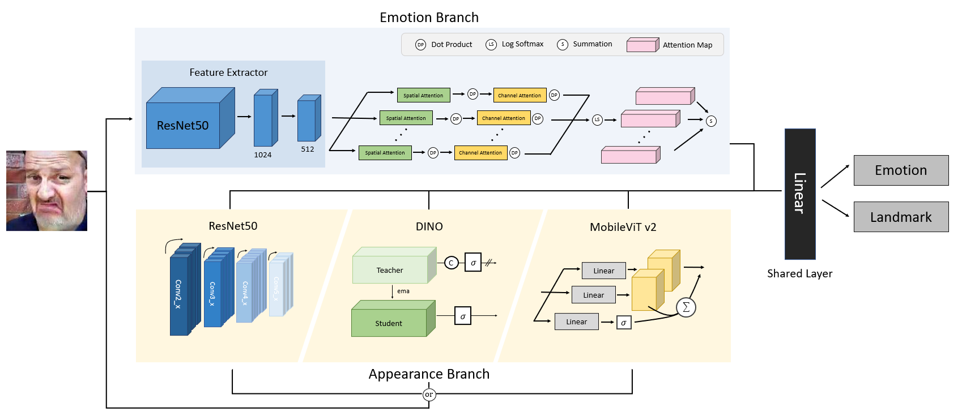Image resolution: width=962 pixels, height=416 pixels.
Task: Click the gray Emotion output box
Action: coord(901,170)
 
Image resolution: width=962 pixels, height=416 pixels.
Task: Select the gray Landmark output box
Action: coord(901,217)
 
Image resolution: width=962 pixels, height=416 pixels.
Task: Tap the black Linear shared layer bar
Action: coord(799,194)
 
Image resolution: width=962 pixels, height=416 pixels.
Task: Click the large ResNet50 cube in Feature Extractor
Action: coord(183,125)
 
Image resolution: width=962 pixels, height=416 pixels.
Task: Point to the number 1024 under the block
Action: coord(263,155)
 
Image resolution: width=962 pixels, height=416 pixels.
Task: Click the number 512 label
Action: coord(308,149)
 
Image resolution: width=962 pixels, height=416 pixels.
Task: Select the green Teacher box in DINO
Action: coord(390,269)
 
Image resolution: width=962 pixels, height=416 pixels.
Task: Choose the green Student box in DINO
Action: coord(389,323)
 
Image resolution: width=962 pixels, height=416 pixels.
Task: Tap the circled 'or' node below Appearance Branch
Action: coord(429,394)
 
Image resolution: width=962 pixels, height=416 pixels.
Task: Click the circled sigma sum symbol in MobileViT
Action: coord(686,307)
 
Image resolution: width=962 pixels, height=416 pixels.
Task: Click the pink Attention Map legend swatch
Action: coord(642,45)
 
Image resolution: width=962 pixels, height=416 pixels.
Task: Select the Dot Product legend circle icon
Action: coord(420,45)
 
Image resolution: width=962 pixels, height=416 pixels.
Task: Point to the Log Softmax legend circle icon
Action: coord(491,44)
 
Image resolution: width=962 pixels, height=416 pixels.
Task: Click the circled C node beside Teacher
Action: coord(451,263)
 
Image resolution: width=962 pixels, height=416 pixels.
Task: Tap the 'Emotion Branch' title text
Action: coord(429,18)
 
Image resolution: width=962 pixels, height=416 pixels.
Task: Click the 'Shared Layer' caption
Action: coord(799,273)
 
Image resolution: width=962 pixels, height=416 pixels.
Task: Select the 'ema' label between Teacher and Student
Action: coord(403,291)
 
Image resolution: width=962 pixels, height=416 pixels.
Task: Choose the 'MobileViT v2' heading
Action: coord(623,227)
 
